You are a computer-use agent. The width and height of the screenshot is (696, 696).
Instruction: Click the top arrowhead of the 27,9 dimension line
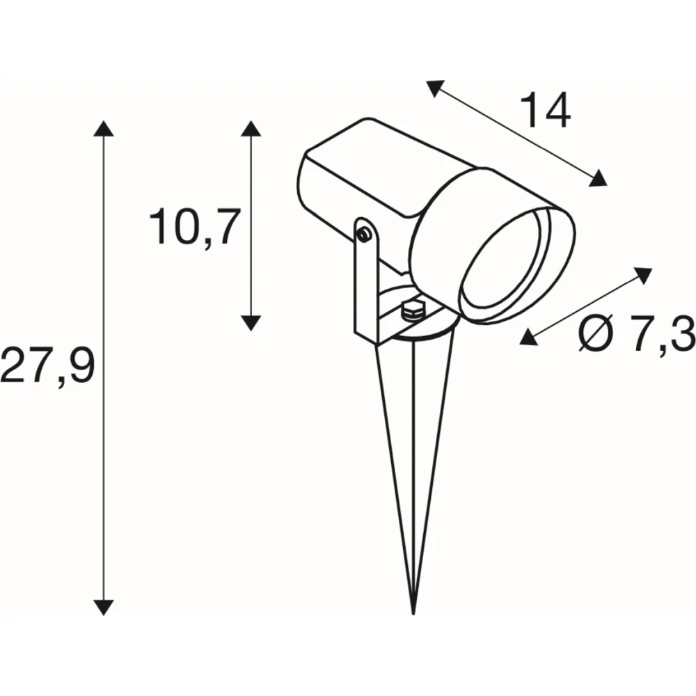coord(104,128)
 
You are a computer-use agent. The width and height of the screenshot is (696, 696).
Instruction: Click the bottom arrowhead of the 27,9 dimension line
coord(104,607)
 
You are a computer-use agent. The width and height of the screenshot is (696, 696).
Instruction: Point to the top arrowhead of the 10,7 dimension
coord(251,128)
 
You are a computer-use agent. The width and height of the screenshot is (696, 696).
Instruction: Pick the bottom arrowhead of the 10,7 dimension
coord(251,323)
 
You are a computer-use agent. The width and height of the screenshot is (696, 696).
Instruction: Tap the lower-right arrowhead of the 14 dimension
coord(597,178)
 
